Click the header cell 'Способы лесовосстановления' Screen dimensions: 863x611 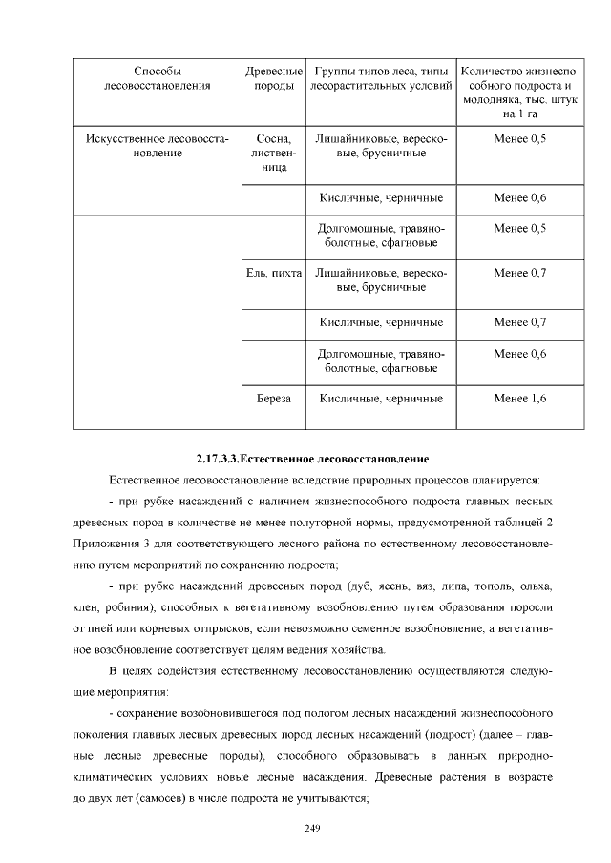point(158,79)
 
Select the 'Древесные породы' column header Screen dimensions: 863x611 point(274,79)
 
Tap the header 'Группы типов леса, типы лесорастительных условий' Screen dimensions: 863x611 point(381,79)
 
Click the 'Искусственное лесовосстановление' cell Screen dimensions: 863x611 point(158,146)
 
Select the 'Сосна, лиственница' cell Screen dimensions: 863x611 point(274,153)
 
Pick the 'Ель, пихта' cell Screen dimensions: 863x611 point(274,274)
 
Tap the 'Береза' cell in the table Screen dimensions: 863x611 point(274,398)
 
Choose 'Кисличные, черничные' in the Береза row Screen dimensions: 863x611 point(381,398)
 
